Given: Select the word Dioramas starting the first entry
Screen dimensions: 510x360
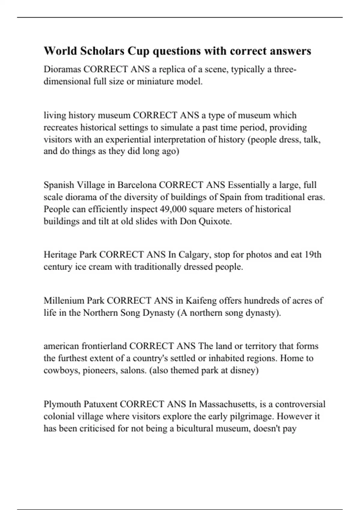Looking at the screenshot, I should (x=62, y=69).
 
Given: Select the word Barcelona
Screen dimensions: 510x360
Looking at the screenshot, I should (x=137, y=185).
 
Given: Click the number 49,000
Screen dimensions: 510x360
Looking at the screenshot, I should (x=173, y=209).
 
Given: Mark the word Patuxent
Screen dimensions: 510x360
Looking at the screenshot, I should (x=100, y=404).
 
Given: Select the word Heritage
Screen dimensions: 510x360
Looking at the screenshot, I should (x=60, y=255).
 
